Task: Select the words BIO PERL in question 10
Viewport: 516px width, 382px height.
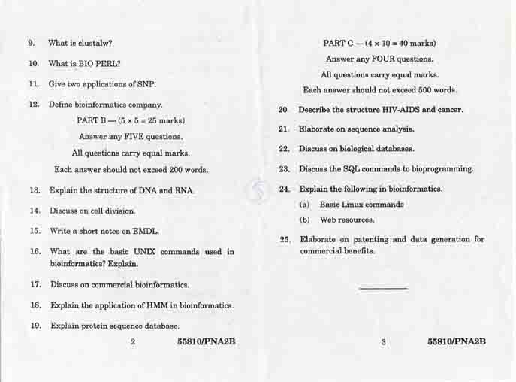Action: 105,64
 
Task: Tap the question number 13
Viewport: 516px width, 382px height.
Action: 35,191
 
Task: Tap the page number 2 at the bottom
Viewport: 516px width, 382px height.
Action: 133,342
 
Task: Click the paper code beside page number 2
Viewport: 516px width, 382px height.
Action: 206,342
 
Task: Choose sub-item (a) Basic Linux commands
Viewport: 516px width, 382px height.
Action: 352,205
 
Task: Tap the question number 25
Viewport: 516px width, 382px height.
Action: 285,240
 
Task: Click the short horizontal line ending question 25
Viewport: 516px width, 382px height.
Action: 383,288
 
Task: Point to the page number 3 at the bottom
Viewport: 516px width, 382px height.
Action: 383,342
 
